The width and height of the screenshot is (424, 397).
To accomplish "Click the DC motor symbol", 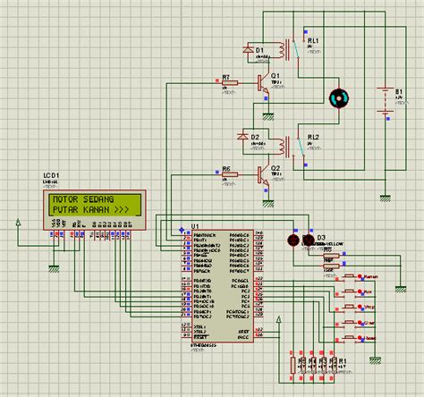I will pos(338,98).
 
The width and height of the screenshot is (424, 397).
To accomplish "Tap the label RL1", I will pos(312,41).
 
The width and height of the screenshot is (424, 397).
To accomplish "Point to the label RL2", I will pos(313,137).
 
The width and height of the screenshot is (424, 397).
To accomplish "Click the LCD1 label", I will pos(50,175).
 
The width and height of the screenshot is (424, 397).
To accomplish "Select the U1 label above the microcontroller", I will pos(195,226).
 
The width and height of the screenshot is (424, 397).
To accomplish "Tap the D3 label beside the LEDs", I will pos(310,238).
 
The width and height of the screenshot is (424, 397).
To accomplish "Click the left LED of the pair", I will pos(292,240).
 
